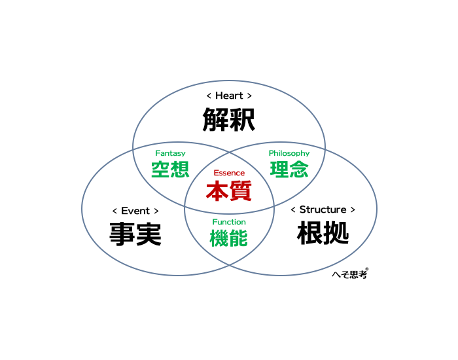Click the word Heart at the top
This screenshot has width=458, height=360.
click(229, 96)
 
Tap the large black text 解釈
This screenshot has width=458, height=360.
click(229, 120)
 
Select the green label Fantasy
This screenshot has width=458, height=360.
click(170, 153)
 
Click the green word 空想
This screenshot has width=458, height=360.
click(170, 169)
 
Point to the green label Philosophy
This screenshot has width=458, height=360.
click(289, 153)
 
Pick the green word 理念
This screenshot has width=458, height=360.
click(289, 169)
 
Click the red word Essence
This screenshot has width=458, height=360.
click(229, 173)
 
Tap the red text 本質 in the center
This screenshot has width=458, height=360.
click(229, 191)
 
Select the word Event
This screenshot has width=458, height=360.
click(135, 211)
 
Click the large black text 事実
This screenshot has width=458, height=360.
click(135, 234)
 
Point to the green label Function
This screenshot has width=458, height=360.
click(229, 222)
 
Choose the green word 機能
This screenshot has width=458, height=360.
click(229, 238)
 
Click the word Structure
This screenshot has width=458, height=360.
click(323, 209)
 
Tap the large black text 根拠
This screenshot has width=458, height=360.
click(323, 233)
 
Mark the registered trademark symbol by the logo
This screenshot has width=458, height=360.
click(367, 269)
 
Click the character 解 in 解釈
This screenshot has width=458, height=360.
click(215, 120)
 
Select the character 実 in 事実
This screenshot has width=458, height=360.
click(149, 234)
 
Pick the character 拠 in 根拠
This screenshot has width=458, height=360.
click(336, 233)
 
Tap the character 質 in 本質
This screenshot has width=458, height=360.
click(241, 191)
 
